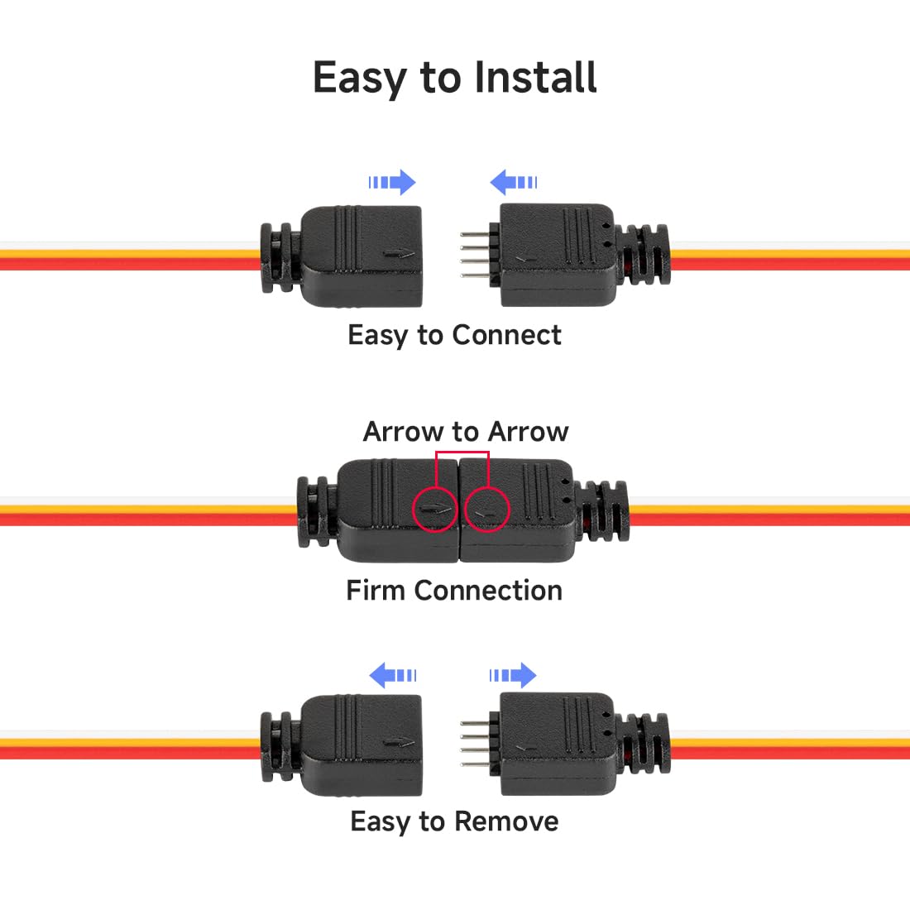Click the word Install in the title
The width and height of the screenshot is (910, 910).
535,79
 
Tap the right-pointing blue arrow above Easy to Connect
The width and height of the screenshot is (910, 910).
392,182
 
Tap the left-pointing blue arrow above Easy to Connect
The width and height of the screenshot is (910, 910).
514,182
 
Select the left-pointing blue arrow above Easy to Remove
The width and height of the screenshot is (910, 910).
392,675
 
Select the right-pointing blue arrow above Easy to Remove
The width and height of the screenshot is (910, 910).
513,675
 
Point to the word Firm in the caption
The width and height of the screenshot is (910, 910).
376,591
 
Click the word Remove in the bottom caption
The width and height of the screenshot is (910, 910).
506,821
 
